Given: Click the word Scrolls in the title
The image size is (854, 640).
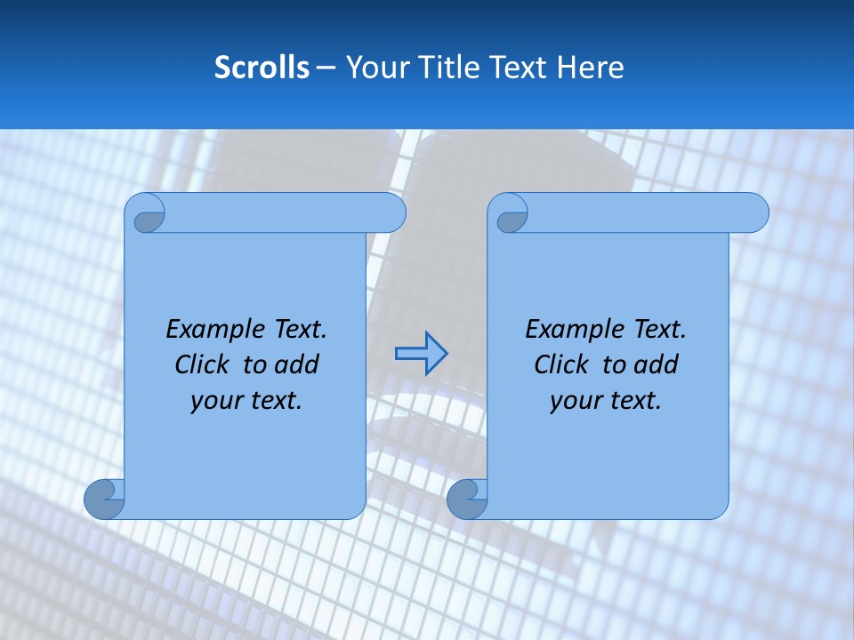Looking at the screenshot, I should coord(262,68).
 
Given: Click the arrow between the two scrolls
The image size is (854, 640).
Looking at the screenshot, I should coord(421,353).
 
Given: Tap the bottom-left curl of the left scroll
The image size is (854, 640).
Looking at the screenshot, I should coord(104,500).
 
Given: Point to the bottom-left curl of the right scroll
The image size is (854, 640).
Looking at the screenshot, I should coord(467,500).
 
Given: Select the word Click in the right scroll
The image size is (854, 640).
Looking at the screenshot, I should coord(560,364).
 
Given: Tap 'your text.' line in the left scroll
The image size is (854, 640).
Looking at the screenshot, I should coord(246,400).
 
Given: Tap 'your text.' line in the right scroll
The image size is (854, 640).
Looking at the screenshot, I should coord(606,400).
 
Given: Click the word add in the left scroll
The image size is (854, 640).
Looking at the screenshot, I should coord(297,364).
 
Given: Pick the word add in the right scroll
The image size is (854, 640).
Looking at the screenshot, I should coord(657,364).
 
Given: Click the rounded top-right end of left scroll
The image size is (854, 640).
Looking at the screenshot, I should coord(391,213).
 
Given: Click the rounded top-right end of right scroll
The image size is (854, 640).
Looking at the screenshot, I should coord(754,213).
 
